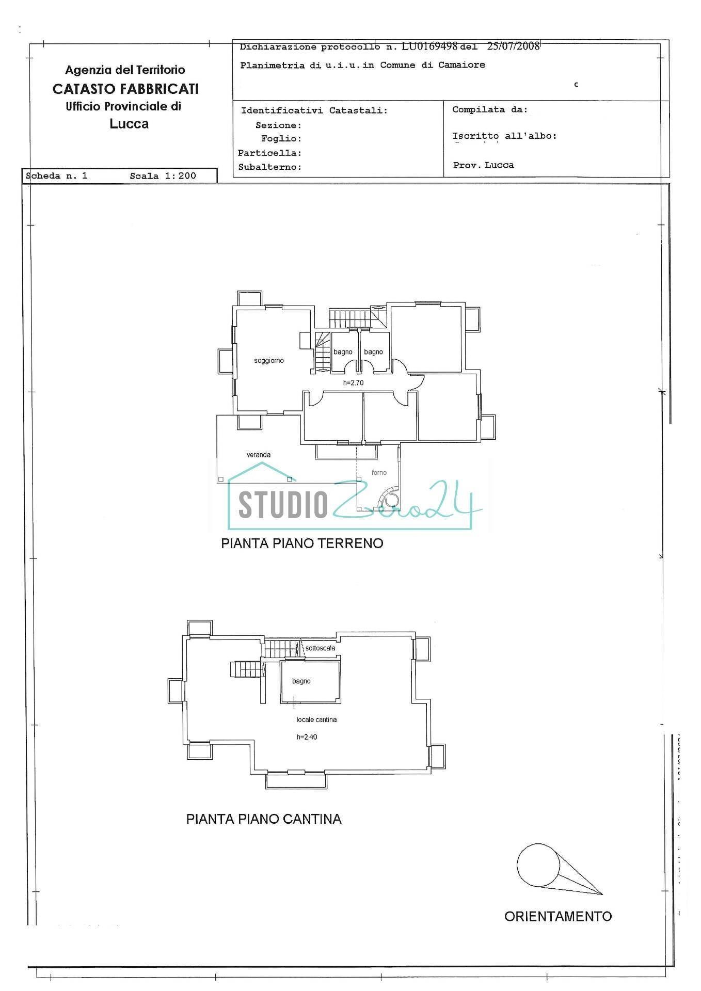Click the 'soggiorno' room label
pyautogui.click(x=269, y=361)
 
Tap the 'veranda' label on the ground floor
pyautogui.click(x=259, y=455)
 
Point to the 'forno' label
pyautogui.click(x=379, y=472)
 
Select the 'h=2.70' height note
pyautogui.click(x=354, y=383)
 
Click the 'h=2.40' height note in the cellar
pyautogui.click(x=307, y=737)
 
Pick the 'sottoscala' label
pyautogui.click(x=320, y=648)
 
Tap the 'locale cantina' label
pyautogui.click(x=316, y=720)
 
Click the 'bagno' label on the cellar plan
pyautogui.click(x=301, y=681)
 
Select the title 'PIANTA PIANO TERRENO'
pyautogui.click(x=302, y=544)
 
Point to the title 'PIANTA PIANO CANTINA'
pyautogui.click(x=264, y=819)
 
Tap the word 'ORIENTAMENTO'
pyautogui.click(x=558, y=917)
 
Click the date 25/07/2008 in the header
pyautogui.click(x=513, y=46)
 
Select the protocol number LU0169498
pyautogui.click(x=429, y=46)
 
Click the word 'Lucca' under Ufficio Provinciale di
pyautogui.click(x=129, y=124)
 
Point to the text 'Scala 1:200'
pyautogui.click(x=163, y=176)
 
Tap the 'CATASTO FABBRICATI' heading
pyautogui.click(x=125, y=89)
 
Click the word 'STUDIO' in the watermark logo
pyautogui.click(x=283, y=504)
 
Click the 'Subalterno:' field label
pyautogui.click(x=269, y=167)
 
